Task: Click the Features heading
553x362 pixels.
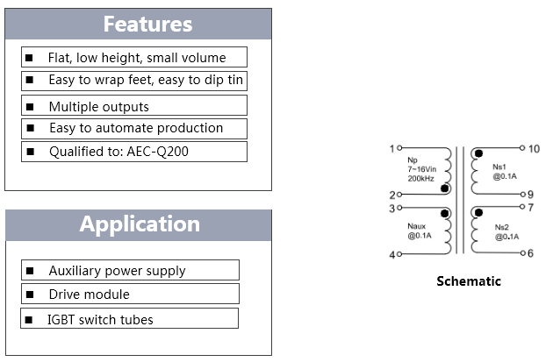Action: click(147, 24)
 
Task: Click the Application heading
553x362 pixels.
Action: click(140, 224)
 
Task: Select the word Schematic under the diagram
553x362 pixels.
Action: click(469, 281)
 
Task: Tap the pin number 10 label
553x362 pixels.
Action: click(534, 149)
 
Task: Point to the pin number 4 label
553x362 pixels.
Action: click(392, 254)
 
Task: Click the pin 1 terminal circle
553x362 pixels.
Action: click(399, 148)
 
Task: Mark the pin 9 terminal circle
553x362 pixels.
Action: click(523, 194)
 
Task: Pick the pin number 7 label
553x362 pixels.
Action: click(531, 208)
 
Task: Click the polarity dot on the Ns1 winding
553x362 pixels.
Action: click(478, 153)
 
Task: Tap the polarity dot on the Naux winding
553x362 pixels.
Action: click(445, 213)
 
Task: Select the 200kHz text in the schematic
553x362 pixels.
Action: click(420, 179)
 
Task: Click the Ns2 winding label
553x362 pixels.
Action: click(501, 227)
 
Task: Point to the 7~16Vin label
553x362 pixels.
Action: click(422, 169)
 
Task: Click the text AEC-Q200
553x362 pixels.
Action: click(157, 152)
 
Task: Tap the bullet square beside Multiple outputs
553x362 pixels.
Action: click(30, 106)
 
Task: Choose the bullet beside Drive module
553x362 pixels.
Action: click(30, 294)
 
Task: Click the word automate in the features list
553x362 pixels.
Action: click(124, 128)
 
